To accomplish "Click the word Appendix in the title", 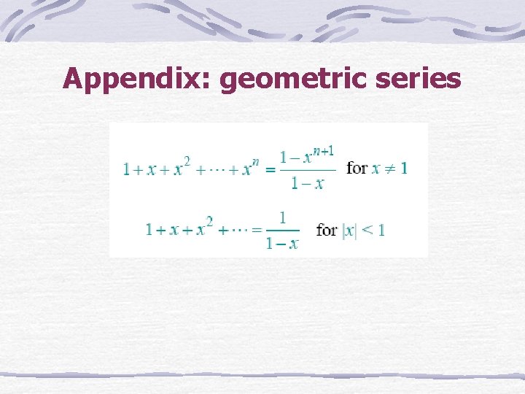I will pos(134,79).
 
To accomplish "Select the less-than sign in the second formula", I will pos(368,230).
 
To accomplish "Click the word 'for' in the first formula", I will pos(357,168).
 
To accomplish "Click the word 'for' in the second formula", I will pos(327,230).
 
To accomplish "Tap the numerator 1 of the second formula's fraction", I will pos(282,216).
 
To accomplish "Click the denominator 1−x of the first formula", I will pos(307,183).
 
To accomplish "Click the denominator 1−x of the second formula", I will pos(282,243).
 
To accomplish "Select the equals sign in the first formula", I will pos(269,169).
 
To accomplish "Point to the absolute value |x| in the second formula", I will pos(349,230).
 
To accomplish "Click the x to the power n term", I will pos(250,168).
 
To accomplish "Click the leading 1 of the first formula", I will pos(127,169).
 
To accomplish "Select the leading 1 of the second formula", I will pos(149,230).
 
